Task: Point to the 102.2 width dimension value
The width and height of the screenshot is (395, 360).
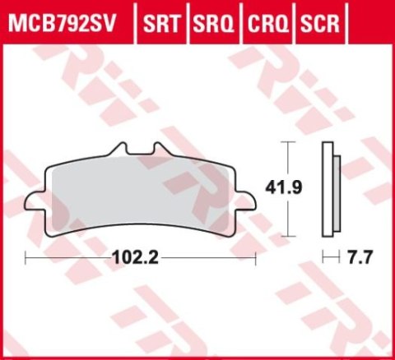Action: (x=134, y=257)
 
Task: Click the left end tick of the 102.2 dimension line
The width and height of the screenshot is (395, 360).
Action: (x=26, y=257)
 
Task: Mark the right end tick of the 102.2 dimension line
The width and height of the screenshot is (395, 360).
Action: (x=258, y=257)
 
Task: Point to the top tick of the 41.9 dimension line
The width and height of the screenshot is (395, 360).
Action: (x=286, y=142)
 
